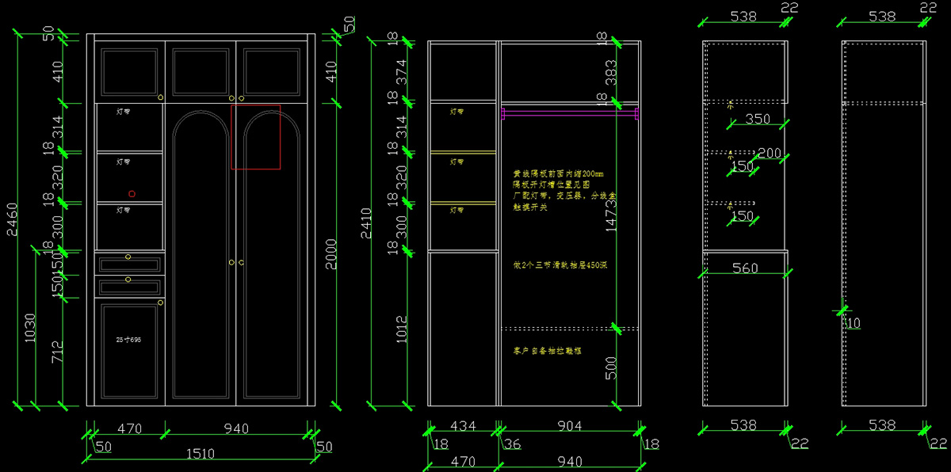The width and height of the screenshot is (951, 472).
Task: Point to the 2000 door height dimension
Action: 331,253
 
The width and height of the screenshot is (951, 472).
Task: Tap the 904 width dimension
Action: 569,426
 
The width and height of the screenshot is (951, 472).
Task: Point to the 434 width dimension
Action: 463,426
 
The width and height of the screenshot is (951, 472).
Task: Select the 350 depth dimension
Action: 758,120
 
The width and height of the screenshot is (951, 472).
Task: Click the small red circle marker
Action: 132,194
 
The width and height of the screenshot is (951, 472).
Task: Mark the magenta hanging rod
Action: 569,114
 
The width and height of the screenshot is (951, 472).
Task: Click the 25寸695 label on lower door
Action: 128,339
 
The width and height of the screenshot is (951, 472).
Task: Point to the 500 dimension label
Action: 611,367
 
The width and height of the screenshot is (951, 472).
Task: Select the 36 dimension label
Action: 513,444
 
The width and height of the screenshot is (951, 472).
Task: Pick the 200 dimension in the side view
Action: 770,153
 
